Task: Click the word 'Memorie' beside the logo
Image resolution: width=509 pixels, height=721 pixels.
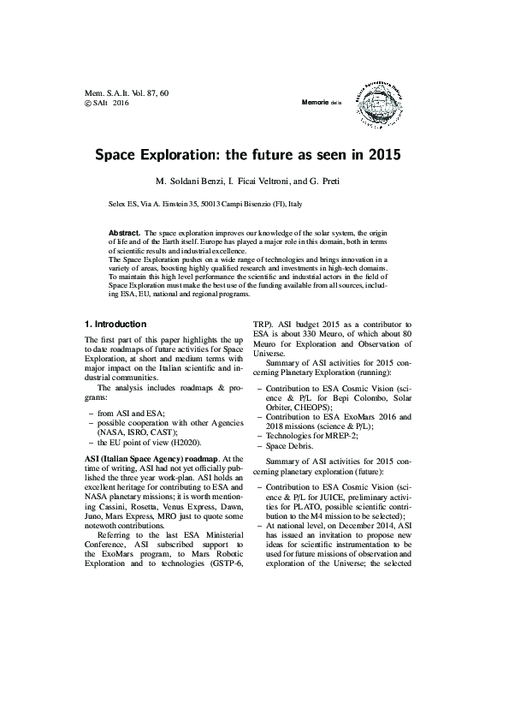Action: [317, 102]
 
